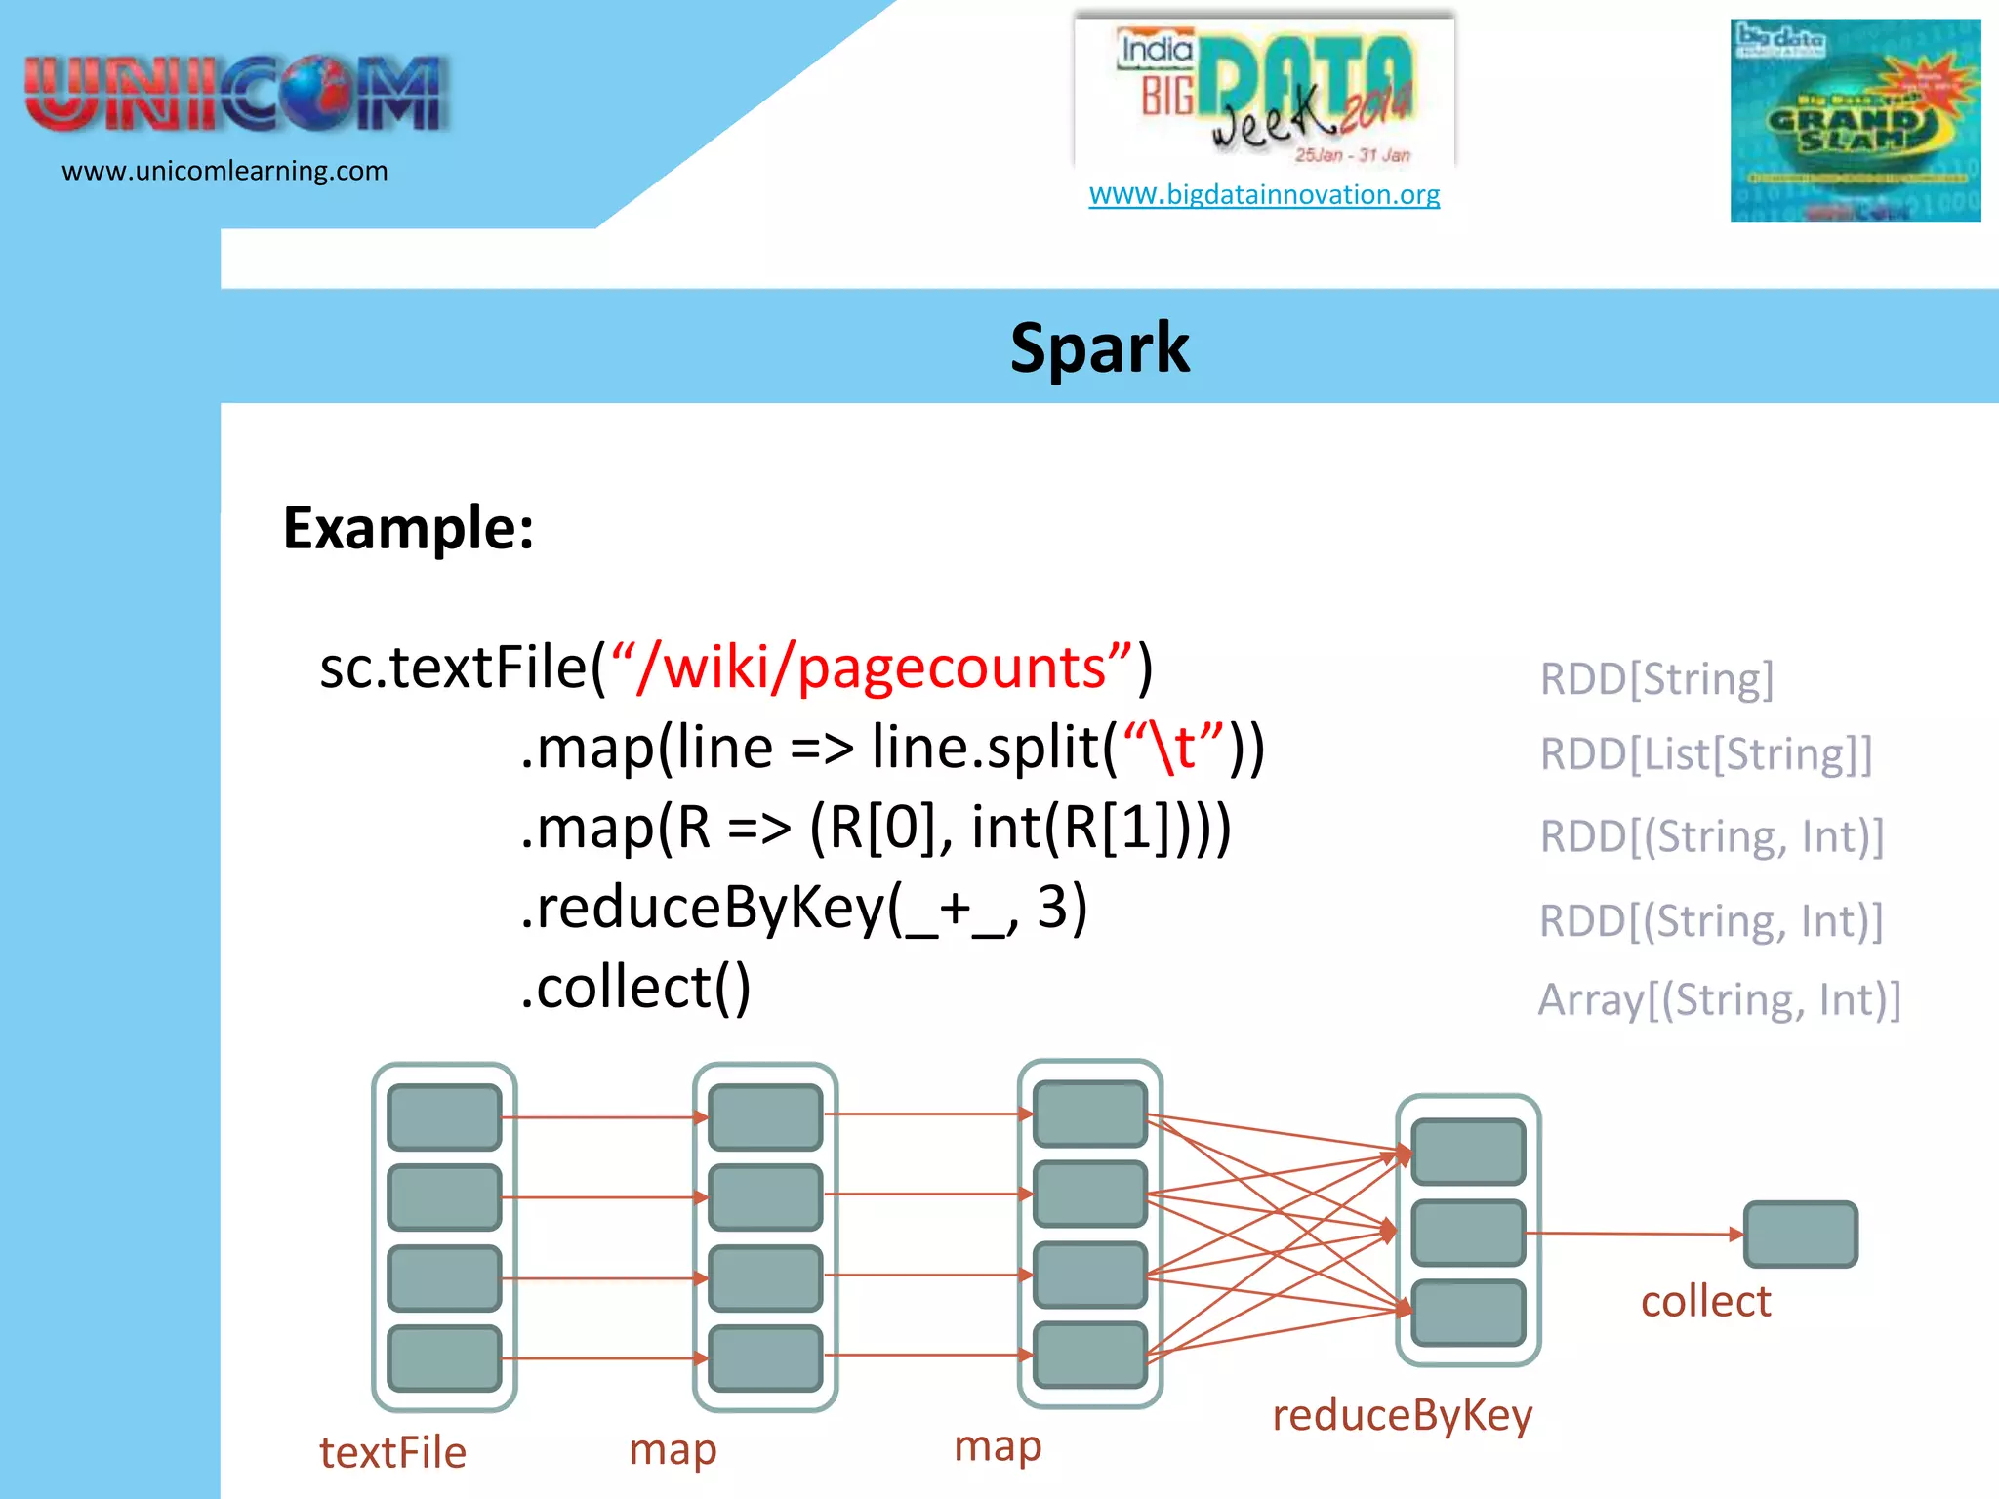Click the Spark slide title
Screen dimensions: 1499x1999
[x=1099, y=348]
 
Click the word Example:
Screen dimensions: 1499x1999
[x=408, y=528]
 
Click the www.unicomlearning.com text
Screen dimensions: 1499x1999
[x=224, y=171]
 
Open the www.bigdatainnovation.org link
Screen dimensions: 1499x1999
[x=1264, y=194]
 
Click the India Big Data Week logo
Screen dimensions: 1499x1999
[x=1265, y=93]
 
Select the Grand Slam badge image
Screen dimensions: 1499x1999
[x=1855, y=120]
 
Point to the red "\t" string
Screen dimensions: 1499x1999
[x=1173, y=748]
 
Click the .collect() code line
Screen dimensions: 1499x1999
[x=635, y=987]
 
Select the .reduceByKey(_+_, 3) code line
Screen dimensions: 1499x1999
[x=803, y=907]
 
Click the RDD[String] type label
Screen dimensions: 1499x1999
[x=1656, y=678]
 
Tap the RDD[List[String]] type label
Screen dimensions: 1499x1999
[x=1706, y=753]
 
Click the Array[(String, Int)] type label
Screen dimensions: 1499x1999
[x=1720, y=999]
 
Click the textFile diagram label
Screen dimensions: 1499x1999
[x=392, y=1452]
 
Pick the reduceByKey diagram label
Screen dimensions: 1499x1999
[x=1402, y=1415]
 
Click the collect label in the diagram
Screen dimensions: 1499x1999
[x=1705, y=1301]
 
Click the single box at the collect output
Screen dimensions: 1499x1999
[x=1800, y=1235]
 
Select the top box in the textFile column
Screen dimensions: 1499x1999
[x=444, y=1116]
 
